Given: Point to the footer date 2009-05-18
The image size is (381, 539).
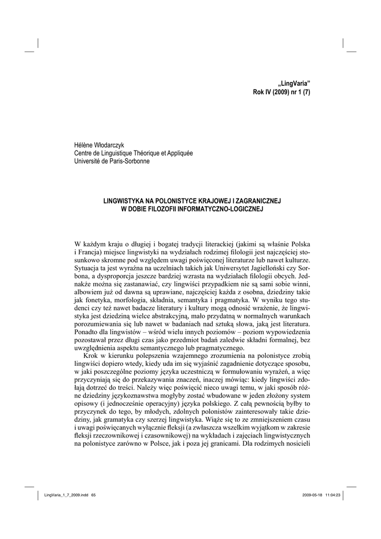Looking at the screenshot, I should (x=314, y=495).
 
